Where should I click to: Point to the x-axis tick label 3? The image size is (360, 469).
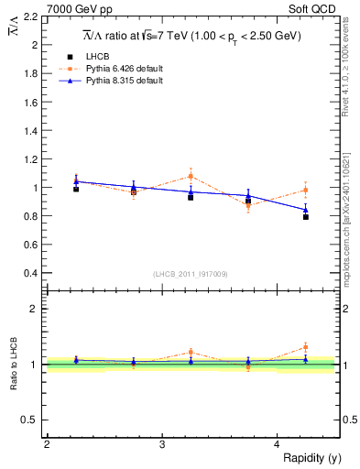(x=161, y=444)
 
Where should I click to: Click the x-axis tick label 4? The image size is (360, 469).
(x=277, y=444)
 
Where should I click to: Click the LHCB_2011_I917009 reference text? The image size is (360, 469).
(x=190, y=274)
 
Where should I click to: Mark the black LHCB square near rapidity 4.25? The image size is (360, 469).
(x=306, y=217)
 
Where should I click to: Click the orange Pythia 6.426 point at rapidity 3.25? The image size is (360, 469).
(x=191, y=176)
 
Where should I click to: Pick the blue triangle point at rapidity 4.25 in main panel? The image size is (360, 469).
(x=306, y=209)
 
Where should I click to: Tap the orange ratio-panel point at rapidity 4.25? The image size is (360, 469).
(x=306, y=347)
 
